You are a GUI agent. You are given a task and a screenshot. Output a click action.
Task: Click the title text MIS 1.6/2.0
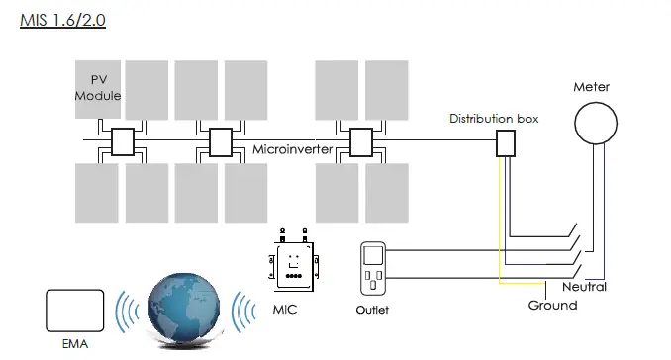point(62,18)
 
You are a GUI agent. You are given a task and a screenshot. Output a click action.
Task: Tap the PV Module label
point(99,87)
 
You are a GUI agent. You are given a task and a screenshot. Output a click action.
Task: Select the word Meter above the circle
point(592,87)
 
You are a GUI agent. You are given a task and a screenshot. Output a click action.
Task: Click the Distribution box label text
point(494,119)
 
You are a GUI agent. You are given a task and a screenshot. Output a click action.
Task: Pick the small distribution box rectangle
point(505,144)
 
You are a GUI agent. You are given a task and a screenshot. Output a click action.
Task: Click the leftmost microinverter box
point(123,143)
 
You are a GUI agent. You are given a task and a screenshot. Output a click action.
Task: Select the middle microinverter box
point(222,143)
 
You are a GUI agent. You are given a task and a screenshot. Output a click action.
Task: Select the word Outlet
point(372,310)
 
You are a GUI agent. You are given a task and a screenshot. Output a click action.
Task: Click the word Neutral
point(584,287)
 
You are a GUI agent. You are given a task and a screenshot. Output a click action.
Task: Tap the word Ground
point(552,306)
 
